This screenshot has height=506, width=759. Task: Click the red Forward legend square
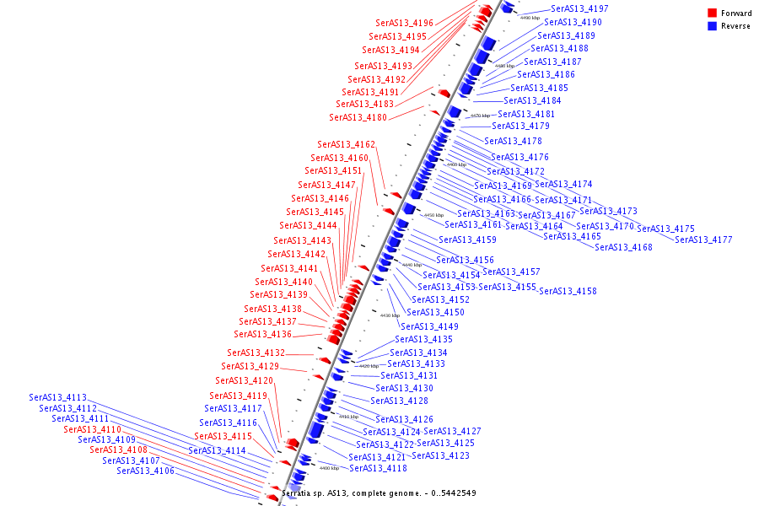coord(713,13)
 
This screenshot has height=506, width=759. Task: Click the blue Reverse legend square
coord(713,26)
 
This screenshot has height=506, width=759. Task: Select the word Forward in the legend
coord(736,13)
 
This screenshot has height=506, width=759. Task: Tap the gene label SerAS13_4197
coord(579,8)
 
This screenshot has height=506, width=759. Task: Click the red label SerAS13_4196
coord(404,23)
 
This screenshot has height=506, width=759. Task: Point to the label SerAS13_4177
coord(703,240)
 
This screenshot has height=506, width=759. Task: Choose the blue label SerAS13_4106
coord(145,471)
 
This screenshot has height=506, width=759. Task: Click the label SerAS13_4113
coord(57,397)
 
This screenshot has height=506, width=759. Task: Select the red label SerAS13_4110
coord(92,429)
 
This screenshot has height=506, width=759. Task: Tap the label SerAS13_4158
coord(568,291)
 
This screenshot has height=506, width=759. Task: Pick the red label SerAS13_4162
coord(346,144)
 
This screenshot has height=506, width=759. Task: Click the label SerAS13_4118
coord(378,468)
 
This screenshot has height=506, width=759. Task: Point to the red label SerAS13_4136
coord(263,334)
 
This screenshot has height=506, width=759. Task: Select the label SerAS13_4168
coord(623,247)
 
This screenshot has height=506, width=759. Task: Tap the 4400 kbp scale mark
coord(329,468)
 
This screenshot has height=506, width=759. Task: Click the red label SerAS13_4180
coord(358,117)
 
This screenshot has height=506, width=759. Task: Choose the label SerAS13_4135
coord(423,339)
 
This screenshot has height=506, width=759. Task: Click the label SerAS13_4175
coord(665,229)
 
